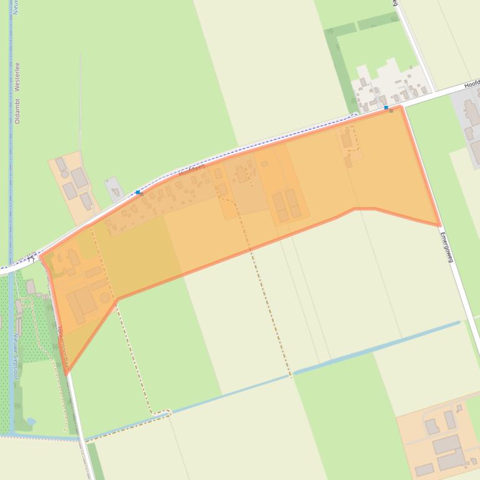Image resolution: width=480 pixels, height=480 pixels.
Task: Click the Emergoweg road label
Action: point(446,247)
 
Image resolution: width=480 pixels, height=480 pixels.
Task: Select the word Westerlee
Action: point(17,75)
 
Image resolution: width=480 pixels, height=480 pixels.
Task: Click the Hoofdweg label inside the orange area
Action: point(191,170)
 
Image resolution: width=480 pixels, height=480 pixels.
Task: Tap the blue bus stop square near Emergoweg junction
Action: point(386,108)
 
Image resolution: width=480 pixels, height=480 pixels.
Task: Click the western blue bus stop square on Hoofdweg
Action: point(138,193)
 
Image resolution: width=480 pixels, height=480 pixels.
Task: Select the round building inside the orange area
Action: point(105,297)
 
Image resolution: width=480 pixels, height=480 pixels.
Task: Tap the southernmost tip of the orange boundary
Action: point(66,373)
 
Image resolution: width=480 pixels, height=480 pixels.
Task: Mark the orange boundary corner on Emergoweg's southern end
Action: point(440,225)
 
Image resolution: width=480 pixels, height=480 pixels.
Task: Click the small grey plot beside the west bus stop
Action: point(114,188)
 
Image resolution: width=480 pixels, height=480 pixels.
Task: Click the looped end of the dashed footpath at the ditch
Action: point(163,413)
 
